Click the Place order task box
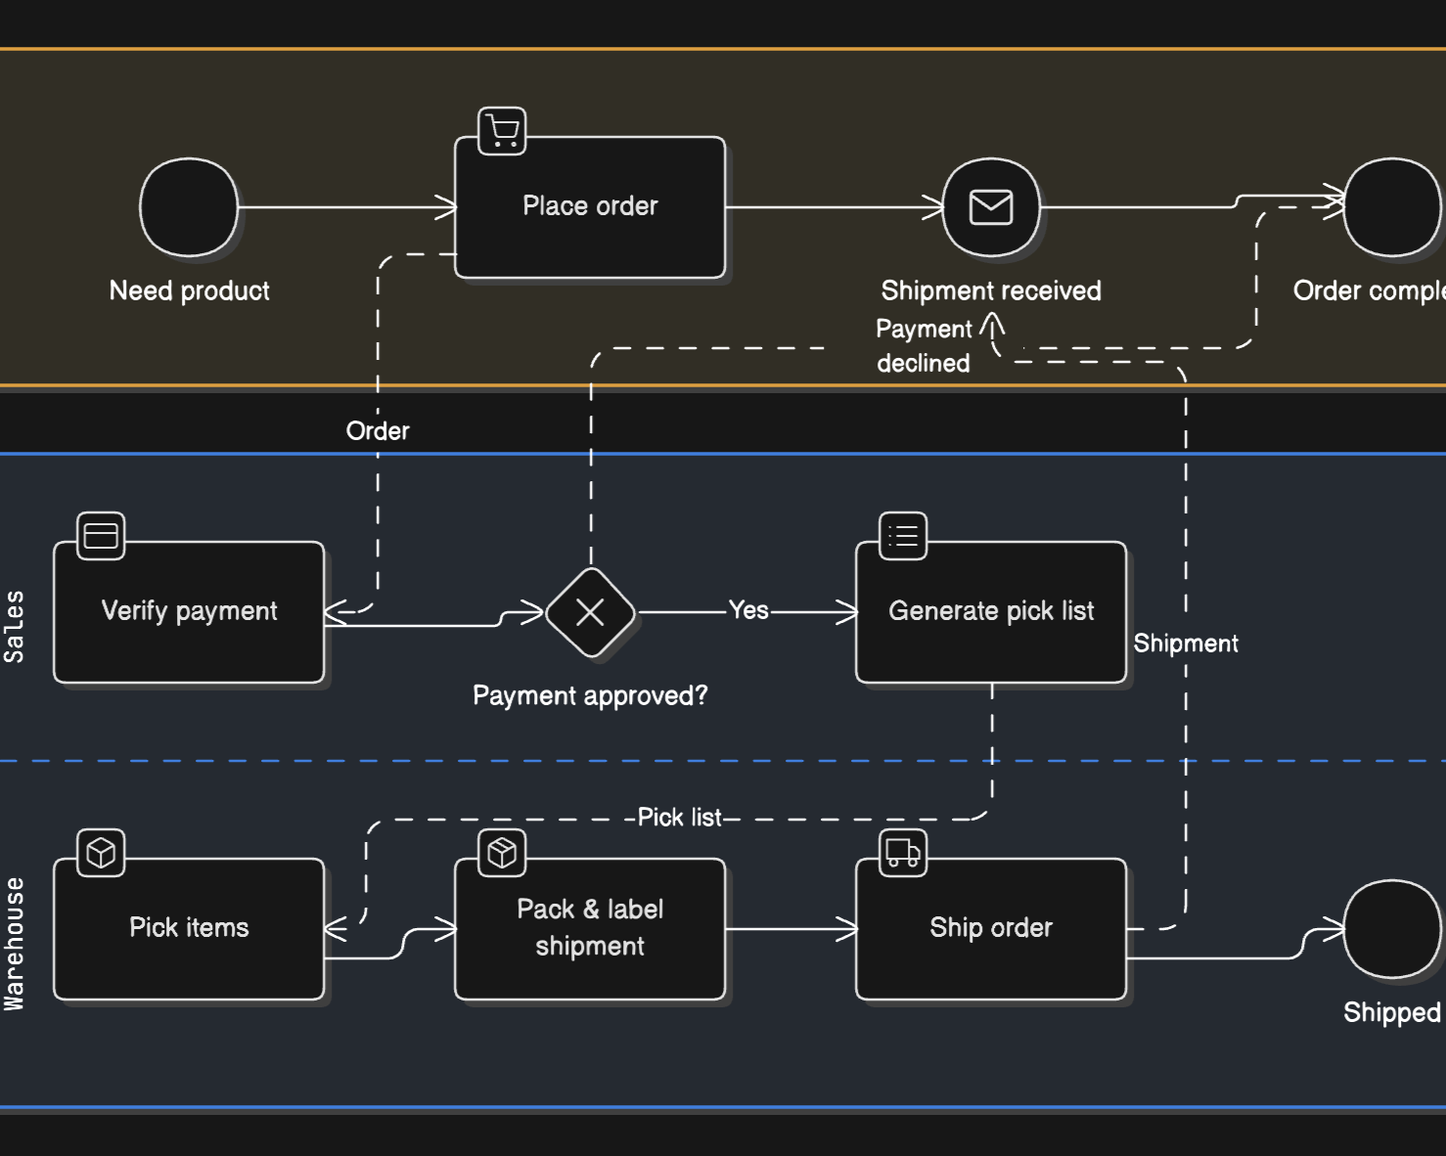point(590,207)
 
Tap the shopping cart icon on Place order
point(502,131)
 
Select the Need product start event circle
point(189,207)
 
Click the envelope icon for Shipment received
point(991,207)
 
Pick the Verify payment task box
point(189,612)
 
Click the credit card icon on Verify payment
point(101,536)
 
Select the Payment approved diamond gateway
point(590,612)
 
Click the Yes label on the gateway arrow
point(748,610)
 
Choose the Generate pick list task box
point(991,612)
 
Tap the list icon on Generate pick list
point(903,536)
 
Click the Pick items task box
point(189,929)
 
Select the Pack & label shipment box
point(590,929)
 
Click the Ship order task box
point(991,929)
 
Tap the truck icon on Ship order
point(903,853)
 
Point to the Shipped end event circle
point(1391,929)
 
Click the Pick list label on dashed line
point(679,818)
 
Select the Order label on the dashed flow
point(378,431)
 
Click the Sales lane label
point(14,627)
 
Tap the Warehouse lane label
point(14,944)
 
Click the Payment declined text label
point(924,346)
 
